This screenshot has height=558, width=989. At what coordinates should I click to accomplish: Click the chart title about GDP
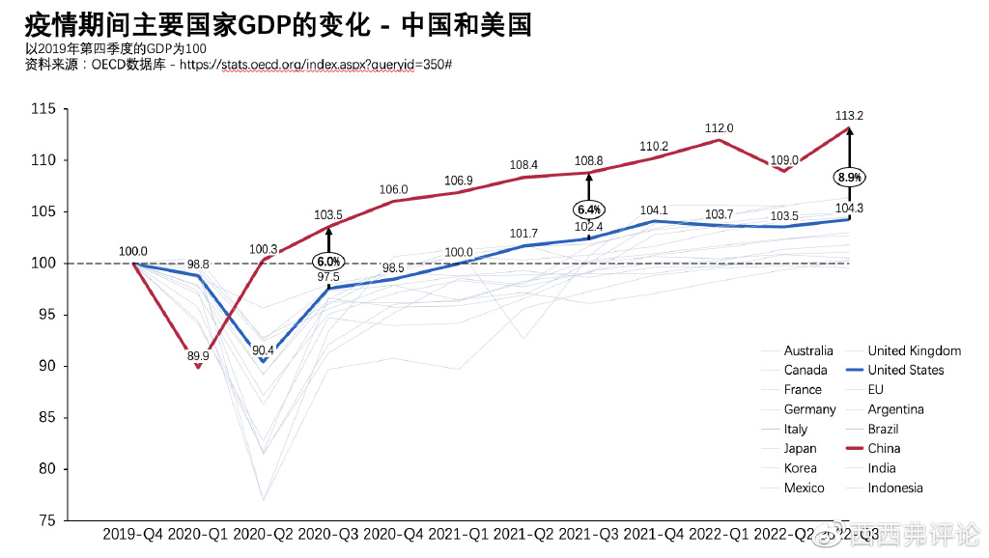click(278, 23)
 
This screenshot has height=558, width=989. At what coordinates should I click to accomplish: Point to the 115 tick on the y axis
click(42, 109)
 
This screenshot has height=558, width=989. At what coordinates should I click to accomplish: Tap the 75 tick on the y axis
click(46, 520)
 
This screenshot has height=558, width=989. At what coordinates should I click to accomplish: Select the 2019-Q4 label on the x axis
click(133, 534)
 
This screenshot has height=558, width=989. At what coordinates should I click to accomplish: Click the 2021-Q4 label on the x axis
click(653, 534)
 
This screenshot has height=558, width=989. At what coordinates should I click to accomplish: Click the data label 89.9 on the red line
click(198, 356)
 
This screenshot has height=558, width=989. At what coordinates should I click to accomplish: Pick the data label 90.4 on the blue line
click(263, 350)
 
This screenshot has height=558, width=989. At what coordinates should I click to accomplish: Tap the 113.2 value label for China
click(849, 116)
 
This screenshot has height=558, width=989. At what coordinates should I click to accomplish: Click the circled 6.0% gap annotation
click(327, 262)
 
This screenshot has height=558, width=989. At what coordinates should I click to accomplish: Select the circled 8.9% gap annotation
click(850, 178)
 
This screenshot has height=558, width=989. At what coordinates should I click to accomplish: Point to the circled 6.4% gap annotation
click(588, 209)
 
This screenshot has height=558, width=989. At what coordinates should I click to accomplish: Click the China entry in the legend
click(884, 448)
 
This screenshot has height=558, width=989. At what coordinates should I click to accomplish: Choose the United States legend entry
click(905, 370)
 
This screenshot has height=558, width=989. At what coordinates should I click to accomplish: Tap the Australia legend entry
click(807, 350)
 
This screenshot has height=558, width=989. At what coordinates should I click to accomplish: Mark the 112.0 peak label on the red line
click(719, 127)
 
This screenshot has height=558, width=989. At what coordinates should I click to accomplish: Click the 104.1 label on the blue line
click(654, 209)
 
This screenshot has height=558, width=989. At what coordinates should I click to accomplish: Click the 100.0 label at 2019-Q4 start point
click(133, 251)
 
